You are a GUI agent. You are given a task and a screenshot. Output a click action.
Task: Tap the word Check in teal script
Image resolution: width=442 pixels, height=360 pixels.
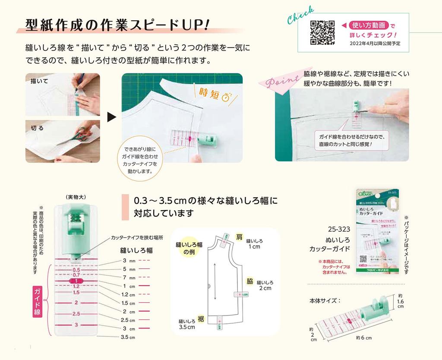300,16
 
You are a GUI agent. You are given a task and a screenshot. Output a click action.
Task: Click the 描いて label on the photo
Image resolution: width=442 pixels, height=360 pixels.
39,81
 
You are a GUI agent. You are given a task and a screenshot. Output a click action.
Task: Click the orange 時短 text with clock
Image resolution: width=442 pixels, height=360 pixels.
215,94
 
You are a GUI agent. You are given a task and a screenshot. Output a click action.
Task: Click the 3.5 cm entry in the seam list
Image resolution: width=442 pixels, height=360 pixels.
128,337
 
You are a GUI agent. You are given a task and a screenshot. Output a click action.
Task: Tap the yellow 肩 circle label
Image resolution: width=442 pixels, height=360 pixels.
239,237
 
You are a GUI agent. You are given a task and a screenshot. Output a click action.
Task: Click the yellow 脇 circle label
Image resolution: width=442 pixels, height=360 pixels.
250,280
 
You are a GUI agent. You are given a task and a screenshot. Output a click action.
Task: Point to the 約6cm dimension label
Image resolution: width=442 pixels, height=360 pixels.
363,338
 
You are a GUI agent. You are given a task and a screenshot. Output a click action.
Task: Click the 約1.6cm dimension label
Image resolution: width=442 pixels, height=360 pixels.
400,301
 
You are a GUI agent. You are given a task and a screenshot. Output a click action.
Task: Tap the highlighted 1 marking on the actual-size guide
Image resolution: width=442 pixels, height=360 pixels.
76,281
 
